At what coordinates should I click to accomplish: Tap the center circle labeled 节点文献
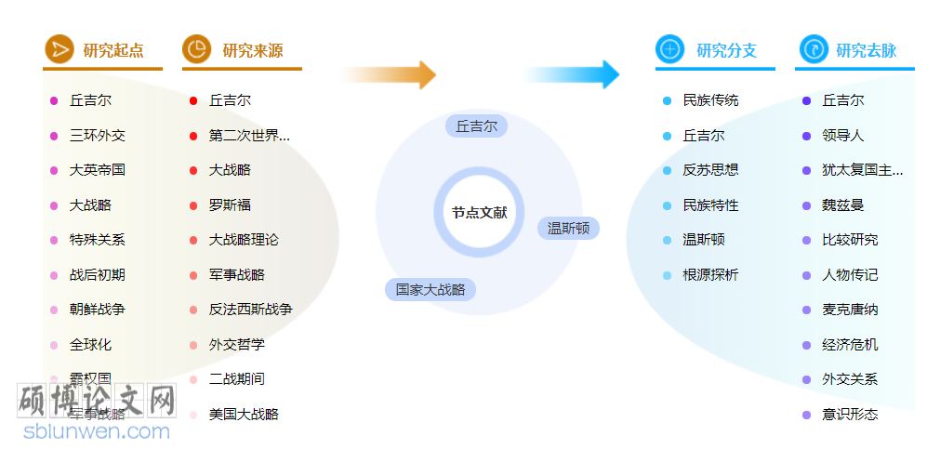[479, 213]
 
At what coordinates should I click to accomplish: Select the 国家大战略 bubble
[430, 290]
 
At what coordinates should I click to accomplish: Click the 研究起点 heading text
[113, 50]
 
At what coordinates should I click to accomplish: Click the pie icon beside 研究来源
[196, 49]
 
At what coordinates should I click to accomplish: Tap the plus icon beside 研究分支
[669, 49]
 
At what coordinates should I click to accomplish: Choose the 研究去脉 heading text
[866, 50]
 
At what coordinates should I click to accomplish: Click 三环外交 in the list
[98, 136]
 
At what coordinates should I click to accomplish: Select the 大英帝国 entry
[98, 170]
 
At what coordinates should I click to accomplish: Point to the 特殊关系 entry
[98, 240]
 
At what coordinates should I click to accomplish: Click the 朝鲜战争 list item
[98, 310]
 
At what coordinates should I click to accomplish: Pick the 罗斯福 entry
[230, 205]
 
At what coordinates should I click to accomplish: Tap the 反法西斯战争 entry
[250, 310]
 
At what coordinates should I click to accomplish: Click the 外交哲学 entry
[236, 345]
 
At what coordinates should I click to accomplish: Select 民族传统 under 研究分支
[710, 100]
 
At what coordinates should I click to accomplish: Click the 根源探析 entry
[710, 275]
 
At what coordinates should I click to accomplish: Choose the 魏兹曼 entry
[843, 205]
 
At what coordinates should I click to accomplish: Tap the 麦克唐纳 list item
[850, 310]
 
